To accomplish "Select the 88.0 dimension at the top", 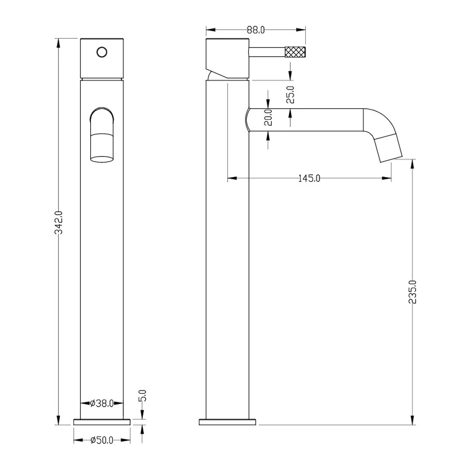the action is [x=256, y=30].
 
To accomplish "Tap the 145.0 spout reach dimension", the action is [x=309, y=178].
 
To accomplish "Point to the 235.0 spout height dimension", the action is [x=413, y=292].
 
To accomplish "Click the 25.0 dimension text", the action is [x=291, y=95].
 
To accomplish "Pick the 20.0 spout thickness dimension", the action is [x=268, y=117].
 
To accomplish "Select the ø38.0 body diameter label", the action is [x=102, y=403].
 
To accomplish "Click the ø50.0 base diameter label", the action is [x=102, y=440].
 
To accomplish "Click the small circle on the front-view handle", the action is [x=102, y=52].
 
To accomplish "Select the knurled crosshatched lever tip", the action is [x=295, y=51].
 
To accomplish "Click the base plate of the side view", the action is [x=227, y=422].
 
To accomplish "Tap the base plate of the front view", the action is [x=102, y=422].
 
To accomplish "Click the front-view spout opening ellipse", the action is [x=102, y=159].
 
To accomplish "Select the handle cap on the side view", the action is [x=227, y=58].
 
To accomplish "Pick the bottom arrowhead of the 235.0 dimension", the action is [x=413, y=420].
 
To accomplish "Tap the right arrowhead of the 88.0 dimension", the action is [x=301, y=30].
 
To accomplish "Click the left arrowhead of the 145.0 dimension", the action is [x=232, y=178].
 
